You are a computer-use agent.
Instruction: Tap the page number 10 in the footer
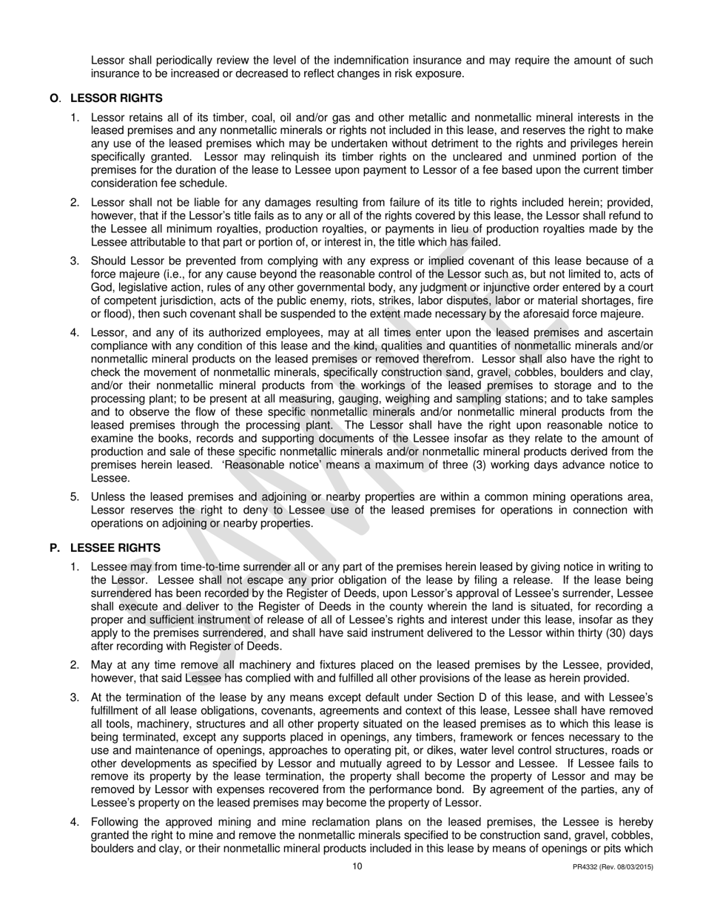click(357, 866)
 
